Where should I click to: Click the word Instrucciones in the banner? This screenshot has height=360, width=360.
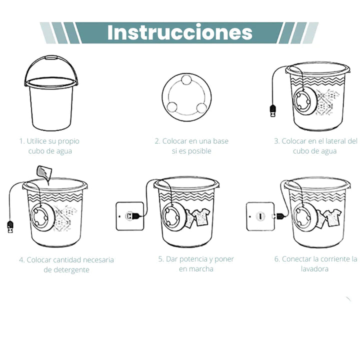[180, 32]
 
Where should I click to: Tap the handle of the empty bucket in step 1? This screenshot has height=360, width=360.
[50, 57]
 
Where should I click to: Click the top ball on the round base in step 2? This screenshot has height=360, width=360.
[186, 80]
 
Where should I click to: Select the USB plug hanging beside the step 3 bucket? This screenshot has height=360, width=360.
[273, 110]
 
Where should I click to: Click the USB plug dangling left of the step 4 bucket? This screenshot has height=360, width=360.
[10, 226]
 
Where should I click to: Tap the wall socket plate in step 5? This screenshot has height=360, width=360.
[129, 216]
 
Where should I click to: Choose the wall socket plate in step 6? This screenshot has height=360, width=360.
[260, 216]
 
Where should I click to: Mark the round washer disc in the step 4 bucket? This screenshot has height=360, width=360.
[42, 217]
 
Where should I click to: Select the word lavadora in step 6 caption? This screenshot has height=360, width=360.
[314, 268]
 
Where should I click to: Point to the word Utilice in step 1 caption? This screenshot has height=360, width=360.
[36, 141]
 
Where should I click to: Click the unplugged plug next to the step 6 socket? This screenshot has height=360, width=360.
[279, 216]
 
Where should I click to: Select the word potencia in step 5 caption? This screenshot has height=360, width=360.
[192, 259]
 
